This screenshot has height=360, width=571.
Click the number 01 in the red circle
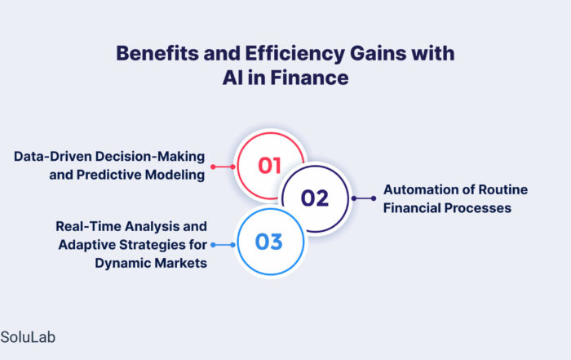point(269,166)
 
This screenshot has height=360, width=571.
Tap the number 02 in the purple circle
point(315,198)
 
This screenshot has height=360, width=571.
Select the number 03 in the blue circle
point(268,242)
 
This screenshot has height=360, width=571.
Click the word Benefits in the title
point(157,53)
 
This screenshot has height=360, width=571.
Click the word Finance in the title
point(309,78)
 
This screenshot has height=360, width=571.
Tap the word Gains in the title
point(378,53)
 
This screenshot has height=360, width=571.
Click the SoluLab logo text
point(28,337)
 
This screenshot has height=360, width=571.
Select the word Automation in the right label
point(428,189)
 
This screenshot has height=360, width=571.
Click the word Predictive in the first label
point(108,175)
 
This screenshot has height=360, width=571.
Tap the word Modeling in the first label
point(175,175)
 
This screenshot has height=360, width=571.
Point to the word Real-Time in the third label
point(88,226)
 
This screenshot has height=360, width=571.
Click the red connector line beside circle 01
point(223,167)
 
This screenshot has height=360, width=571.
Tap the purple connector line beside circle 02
point(364,198)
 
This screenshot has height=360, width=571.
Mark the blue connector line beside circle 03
point(224,245)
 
